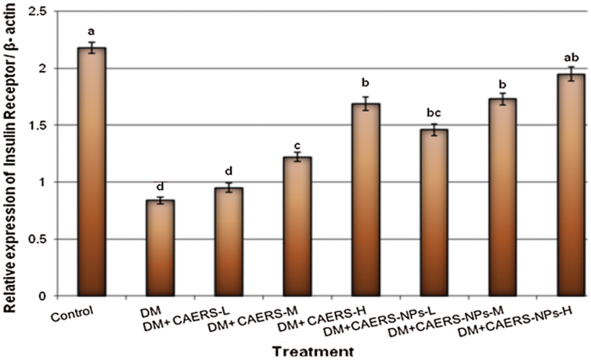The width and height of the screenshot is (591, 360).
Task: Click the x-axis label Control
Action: pyautogui.click(x=72, y=315)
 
